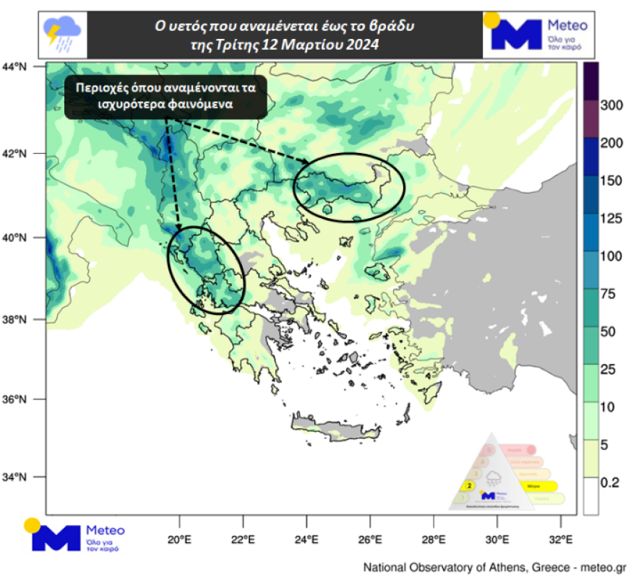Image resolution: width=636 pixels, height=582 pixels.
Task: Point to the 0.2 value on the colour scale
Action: click(x=611, y=483)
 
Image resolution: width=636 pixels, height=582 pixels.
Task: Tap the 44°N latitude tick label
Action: click(x=14, y=66)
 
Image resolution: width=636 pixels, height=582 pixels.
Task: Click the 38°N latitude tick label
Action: click(x=14, y=319)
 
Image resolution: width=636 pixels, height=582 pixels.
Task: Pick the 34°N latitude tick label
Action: click(x=14, y=477)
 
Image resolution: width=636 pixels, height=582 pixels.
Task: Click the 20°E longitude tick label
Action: click(x=179, y=539)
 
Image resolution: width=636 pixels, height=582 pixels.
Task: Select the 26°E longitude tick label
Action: click(x=370, y=539)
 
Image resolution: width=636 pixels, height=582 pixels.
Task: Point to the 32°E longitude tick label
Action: click(x=561, y=539)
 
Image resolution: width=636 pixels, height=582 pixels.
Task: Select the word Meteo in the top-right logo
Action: click(x=569, y=26)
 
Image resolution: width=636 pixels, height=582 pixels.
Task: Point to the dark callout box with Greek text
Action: click(x=166, y=96)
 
